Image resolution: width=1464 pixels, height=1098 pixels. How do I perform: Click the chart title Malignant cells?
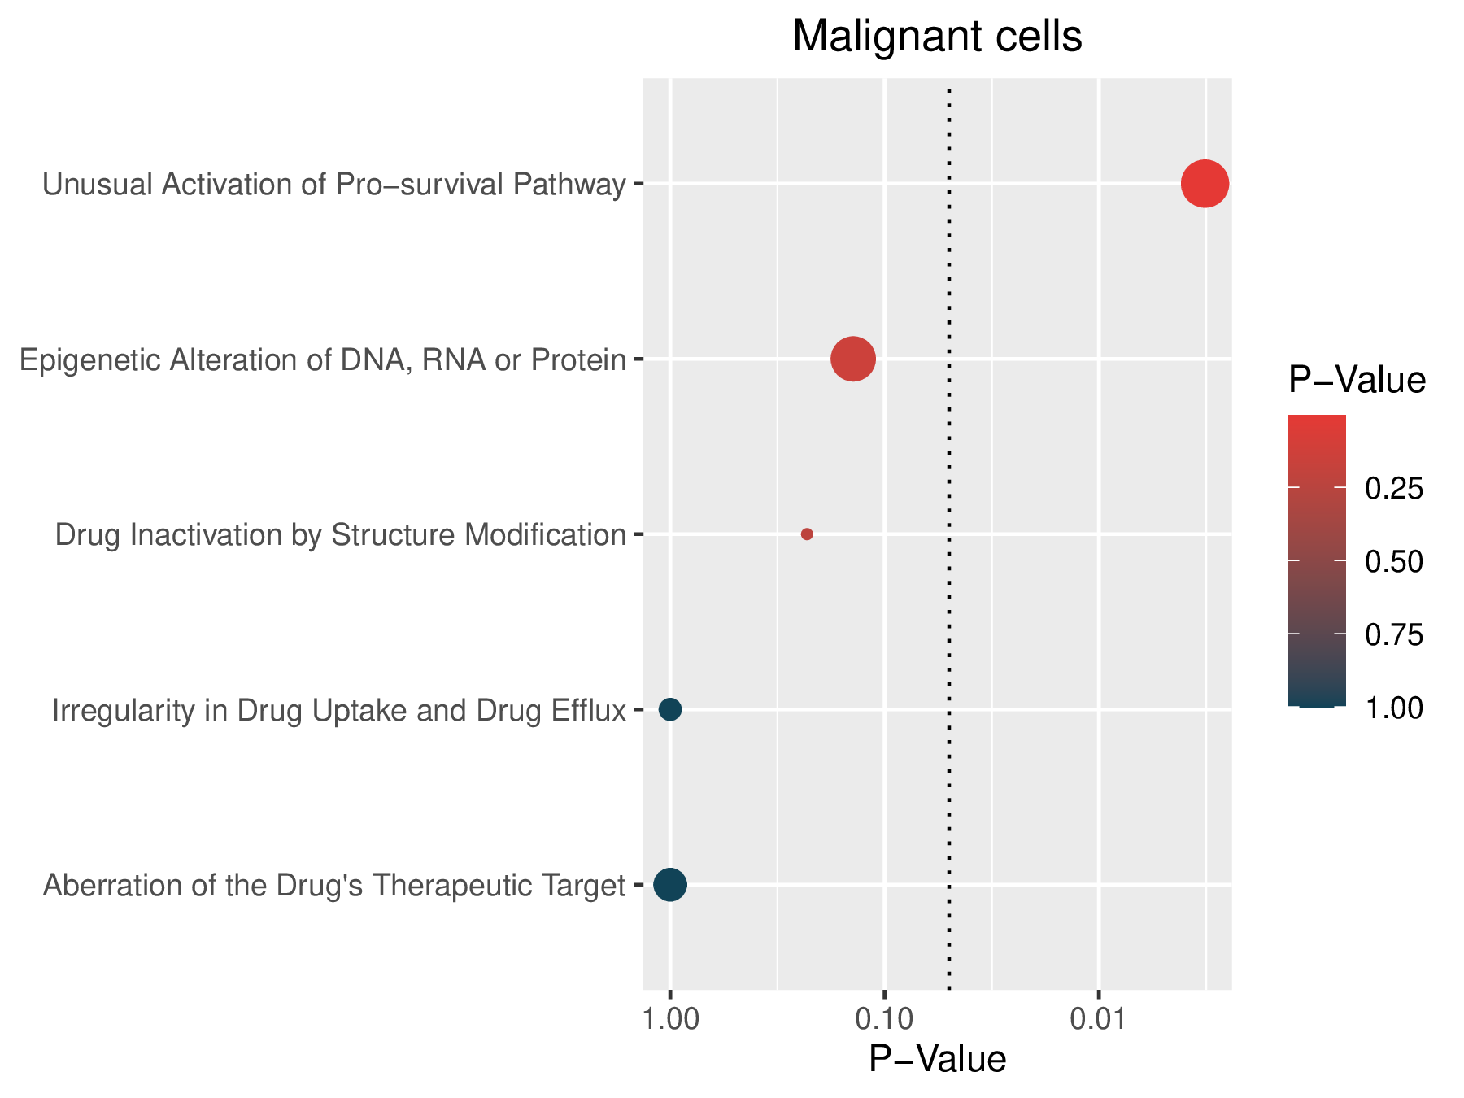click(x=937, y=37)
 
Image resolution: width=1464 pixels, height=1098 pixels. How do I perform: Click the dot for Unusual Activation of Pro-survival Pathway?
click(x=1205, y=184)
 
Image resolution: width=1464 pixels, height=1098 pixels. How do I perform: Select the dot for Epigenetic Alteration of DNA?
click(x=853, y=359)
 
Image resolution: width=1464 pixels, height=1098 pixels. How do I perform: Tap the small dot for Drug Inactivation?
click(x=807, y=534)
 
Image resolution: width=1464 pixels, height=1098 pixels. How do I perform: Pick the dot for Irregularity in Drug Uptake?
click(x=670, y=709)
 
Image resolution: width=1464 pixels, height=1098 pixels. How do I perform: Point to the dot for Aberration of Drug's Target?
click(x=670, y=884)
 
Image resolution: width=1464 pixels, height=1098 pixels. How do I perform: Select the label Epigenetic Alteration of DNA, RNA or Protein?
click(x=323, y=360)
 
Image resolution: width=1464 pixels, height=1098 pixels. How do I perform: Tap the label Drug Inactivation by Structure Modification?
click(x=341, y=535)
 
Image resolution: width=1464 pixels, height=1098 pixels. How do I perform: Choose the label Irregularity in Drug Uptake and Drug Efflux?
click(x=339, y=711)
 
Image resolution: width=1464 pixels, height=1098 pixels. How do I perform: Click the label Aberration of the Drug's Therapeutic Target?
click(x=334, y=885)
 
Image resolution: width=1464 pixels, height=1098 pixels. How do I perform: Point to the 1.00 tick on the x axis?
click(x=670, y=1017)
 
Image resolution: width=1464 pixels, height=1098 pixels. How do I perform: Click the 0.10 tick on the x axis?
click(x=885, y=1017)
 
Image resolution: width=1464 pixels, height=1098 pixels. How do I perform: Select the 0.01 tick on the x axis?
click(x=1099, y=1017)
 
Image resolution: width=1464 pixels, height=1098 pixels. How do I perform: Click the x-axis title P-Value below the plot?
click(x=937, y=1060)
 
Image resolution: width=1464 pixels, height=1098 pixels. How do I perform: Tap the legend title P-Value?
click(x=1357, y=381)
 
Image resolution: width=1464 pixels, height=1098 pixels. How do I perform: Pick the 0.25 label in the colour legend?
click(x=1394, y=489)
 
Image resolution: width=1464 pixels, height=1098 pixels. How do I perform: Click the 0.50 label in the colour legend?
click(x=1394, y=562)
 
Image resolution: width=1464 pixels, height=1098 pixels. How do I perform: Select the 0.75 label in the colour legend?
click(x=1394, y=635)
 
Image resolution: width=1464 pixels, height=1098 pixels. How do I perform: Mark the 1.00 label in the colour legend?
click(x=1394, y=708)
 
